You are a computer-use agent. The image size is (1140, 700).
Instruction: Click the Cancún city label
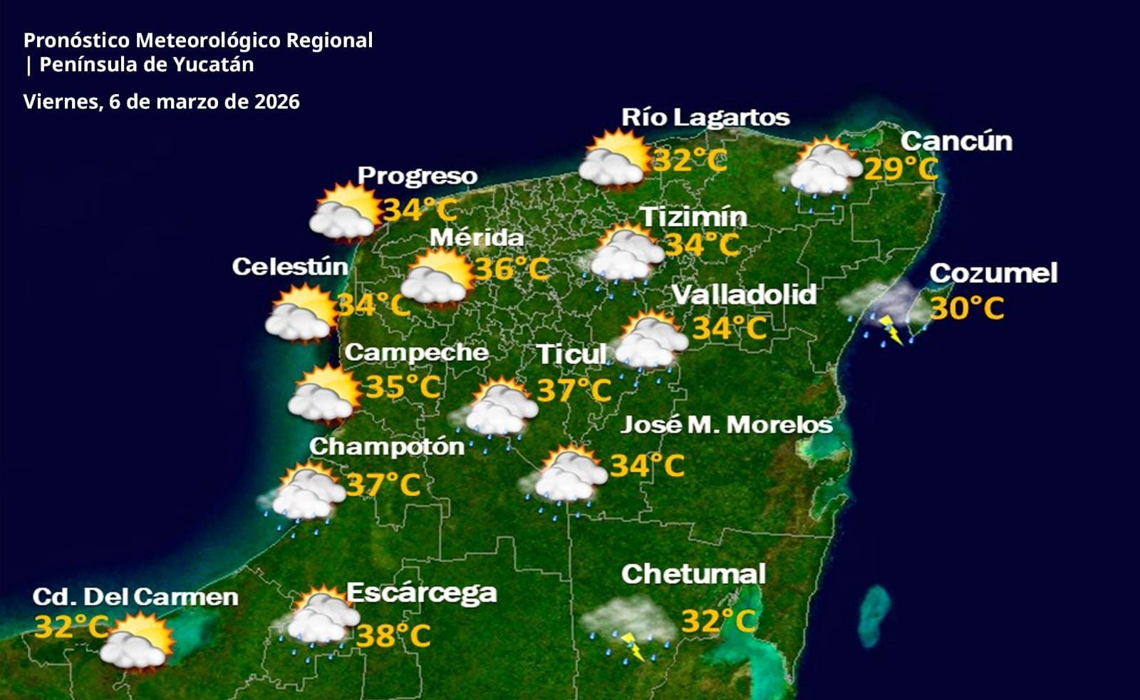click(x=955, y=141)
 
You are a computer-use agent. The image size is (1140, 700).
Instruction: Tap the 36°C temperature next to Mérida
click(x=512, y=269)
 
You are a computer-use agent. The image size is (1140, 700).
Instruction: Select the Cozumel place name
click(x=993, y=273)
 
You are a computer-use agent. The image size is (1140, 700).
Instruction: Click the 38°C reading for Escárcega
click(x=393, y=635)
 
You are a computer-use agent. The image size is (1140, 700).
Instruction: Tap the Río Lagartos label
click(x=705, y=118)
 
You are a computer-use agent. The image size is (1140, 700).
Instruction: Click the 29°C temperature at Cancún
click(x=901, y=170)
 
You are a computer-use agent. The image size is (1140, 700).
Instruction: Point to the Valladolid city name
click(x=744, y=294)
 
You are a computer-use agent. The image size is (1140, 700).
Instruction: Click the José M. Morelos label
click(x=726, y=425)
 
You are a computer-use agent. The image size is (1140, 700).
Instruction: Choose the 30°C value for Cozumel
click(x=967, y=309)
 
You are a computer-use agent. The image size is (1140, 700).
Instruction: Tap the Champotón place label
click(x=386, y=446)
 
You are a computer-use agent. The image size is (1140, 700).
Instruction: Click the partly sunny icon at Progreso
click(x=345, y=212)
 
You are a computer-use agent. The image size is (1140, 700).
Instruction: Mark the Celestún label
click(x=290, y=267)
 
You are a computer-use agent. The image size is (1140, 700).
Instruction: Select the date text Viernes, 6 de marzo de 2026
click(x=161, y=102)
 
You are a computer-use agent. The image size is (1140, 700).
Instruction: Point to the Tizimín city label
click(x=693, y=217)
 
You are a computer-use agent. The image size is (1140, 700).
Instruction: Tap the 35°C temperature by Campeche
click(x=403, y=387)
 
